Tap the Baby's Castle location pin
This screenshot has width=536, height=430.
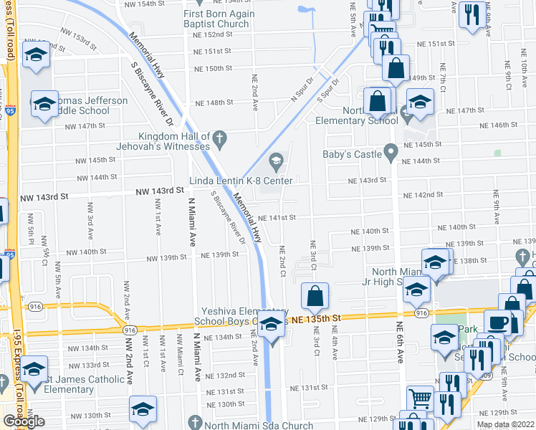click(x=391, y=152)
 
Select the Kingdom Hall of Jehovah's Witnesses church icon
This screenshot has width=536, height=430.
click(x=221, y=136)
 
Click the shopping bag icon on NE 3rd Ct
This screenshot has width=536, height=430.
click(x=315, y=295)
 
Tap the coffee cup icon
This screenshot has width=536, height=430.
click(x=497, y=322)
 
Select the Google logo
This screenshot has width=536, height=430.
click(x=24, y=421)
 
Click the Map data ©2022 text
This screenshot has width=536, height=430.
click(x=505, y=424)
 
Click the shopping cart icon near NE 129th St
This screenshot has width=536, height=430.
click(x=419, y=397)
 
